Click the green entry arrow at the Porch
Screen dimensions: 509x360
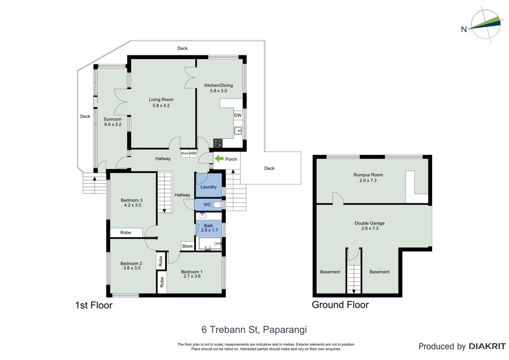[219, 158]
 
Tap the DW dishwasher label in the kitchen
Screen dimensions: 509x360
[238, 115]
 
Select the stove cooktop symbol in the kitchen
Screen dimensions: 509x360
[218, 143]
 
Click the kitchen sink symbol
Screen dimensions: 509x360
[238, 130]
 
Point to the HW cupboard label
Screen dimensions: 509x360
[193, 153]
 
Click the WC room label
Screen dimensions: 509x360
[207, 204]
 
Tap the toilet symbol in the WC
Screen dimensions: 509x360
[218, 205]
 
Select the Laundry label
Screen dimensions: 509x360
[208, 187]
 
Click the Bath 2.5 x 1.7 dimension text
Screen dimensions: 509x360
[210, 230]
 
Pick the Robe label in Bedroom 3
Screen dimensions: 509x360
[125, 233]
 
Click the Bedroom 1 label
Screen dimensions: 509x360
[192, 272]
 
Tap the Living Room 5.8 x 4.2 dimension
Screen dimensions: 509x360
[161, 105]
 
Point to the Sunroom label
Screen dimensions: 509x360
[113, 119]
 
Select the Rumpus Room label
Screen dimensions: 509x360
[368, 175]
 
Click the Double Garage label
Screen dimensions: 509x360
[370, 223]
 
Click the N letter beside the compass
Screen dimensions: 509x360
[464, 30]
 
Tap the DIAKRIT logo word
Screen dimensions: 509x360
[487, 346]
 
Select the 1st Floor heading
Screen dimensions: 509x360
[94, 306]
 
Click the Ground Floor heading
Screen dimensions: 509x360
[340, 305]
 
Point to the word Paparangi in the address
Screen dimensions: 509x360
[285, 330]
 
